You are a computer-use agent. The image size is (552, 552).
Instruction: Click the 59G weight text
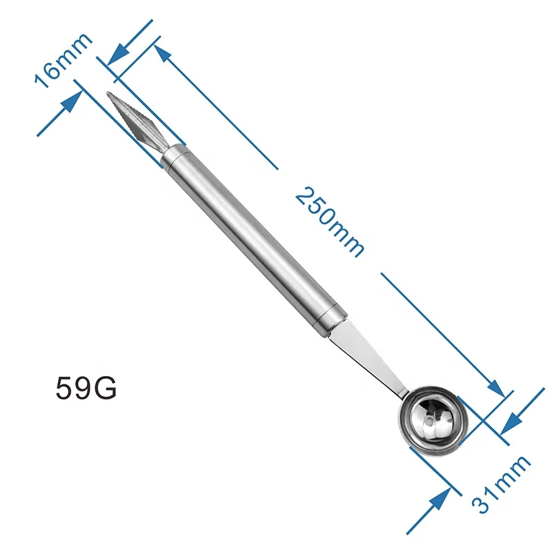(x=86, y=388)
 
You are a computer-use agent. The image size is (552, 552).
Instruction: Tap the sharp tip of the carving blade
(x=110, y=94)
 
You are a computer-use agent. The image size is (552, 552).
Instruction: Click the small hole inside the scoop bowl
(x=433, y=418)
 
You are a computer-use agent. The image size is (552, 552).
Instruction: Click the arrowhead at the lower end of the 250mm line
(x=499, y=389)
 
